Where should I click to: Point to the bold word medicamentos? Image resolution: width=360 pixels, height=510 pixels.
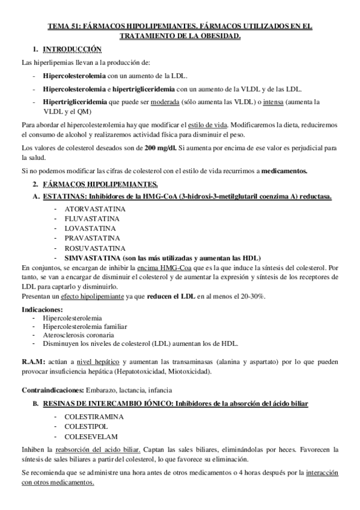click(x=284, y=171)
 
